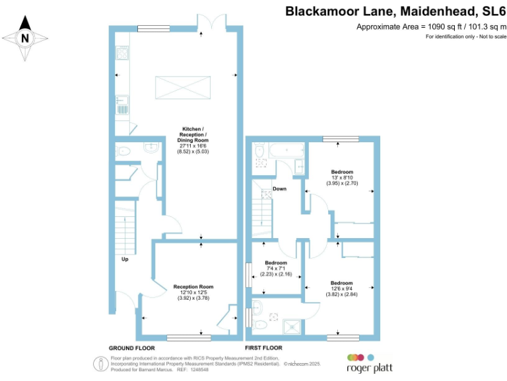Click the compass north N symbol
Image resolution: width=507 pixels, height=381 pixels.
pyautogui.click(x=25, y=38)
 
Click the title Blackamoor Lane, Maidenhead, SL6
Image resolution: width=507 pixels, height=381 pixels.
pyautogui.click(x=395, y=11)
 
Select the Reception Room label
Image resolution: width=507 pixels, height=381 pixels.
pyautogui.click(x=192, y=292)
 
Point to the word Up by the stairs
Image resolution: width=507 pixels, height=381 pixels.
pyautogui.click(x=124, y=259)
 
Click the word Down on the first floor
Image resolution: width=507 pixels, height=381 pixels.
pyautogui.click(x=280, y=189)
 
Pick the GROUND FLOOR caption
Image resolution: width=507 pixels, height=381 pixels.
pyautogui.click(x=132, y=347)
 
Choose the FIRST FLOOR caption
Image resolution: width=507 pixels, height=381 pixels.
pyautogui.click(x=263, y=347)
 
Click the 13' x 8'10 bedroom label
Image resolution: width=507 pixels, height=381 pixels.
pyautogui.click(x=342, y=177)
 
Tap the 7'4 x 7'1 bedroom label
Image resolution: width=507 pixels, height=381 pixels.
pyautogui.click(x=276, y=268)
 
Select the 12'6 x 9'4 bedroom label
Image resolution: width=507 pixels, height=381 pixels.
pyautogui.click(x=342, y=288)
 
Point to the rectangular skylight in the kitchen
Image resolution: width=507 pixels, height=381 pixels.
pyautogui.click(x=183, y=87)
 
